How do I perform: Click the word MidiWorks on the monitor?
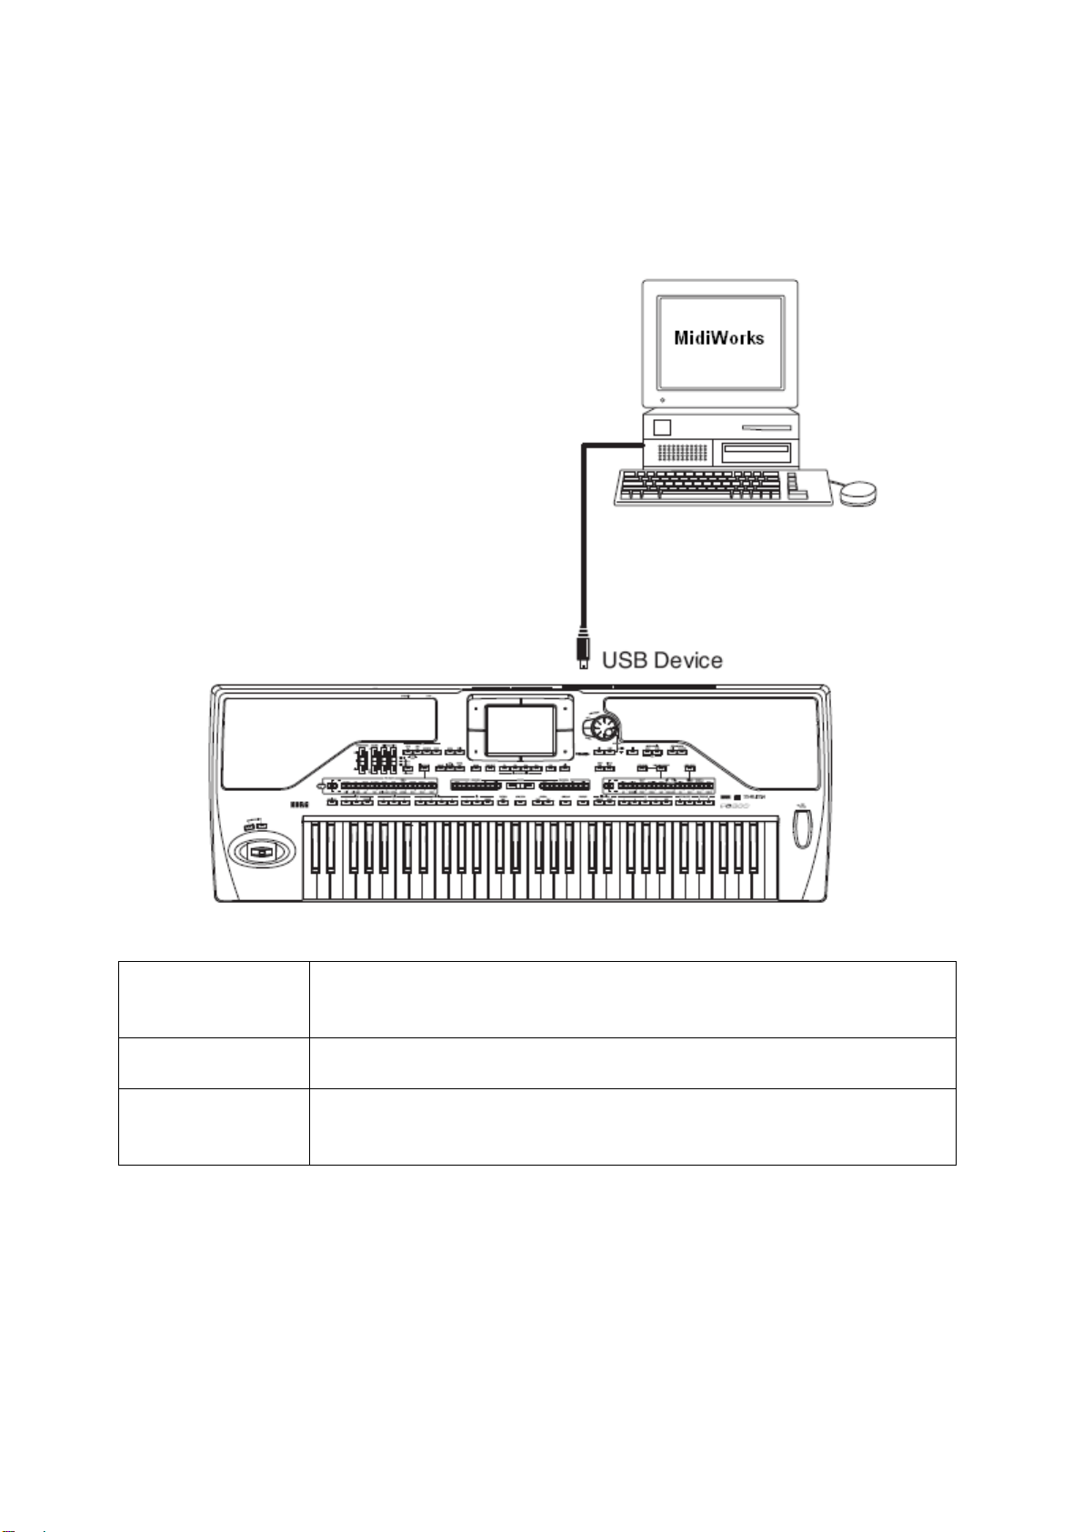coord(718,337)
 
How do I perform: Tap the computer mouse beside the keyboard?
coord(857,494)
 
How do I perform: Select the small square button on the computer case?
coord(662,427)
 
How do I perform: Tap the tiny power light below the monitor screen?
coord(663,399)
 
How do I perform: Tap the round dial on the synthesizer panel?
coord(603,727)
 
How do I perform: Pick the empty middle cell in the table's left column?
coord(214,1063)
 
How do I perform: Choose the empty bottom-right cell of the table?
coord(632,1126)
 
